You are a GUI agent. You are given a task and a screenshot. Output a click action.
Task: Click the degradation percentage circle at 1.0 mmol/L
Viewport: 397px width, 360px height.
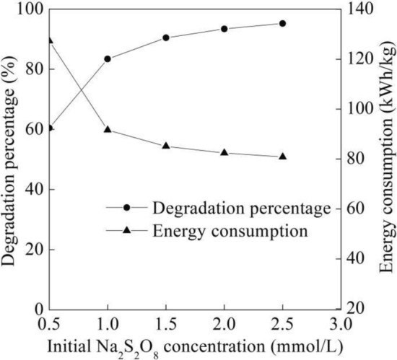(108, 59)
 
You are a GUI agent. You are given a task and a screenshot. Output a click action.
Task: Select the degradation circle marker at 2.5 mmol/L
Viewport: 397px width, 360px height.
(282, 23)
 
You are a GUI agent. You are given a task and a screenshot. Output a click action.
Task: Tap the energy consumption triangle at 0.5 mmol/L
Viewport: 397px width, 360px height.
(49, 40)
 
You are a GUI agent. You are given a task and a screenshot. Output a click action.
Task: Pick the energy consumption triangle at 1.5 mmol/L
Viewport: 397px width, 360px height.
(166, 146)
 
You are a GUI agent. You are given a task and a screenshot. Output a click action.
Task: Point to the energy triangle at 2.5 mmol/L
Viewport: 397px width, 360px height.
(282, 157)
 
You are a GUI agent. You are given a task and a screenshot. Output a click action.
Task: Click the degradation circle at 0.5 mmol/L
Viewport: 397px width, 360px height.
(49, 128)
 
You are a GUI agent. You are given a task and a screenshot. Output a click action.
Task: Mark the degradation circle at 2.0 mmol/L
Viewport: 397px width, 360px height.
(224, 29)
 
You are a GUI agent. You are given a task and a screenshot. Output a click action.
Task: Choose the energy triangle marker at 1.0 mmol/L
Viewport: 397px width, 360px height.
(108, 130)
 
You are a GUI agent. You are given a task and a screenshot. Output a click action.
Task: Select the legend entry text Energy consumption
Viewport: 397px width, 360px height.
(230, 232)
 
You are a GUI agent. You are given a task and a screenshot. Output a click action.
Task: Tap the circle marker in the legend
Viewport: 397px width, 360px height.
(127, 208)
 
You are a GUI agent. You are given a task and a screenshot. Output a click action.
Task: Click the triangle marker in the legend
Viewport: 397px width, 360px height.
(127, 231)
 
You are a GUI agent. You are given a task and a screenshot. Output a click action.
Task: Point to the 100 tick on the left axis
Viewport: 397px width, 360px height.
(27, 9)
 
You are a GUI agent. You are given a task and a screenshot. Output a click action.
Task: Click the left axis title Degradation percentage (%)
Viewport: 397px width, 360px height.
(9, 158)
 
